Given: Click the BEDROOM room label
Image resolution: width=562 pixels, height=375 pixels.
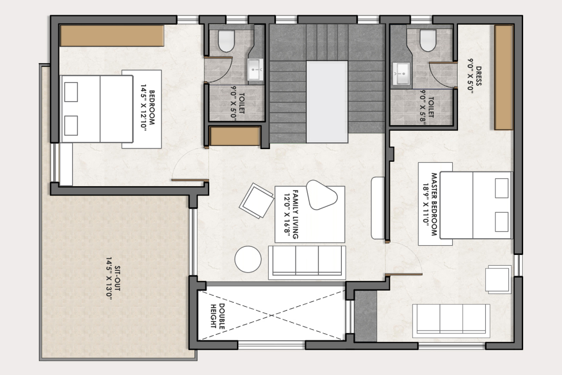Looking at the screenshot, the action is click(x=152, y=107).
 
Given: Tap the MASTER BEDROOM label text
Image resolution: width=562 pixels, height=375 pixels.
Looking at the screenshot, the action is click(x=434, y=204).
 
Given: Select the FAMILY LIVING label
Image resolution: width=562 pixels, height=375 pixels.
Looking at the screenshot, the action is click(x=296, y=214).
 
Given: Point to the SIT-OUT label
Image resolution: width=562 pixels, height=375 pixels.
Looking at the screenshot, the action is click(x=117, y=278).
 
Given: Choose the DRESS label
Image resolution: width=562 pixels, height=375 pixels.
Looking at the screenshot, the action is click(x=479, y=76).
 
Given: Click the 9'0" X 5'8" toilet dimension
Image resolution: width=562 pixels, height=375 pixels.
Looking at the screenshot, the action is click(x=423, y=106).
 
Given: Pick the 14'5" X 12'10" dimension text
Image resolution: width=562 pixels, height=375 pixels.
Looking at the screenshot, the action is click(x=143, y=107).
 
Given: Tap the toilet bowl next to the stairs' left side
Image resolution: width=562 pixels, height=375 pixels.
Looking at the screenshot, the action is click(x=226, y=41).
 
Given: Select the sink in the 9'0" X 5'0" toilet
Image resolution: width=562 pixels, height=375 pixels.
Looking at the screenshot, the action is click(x=255, y=69).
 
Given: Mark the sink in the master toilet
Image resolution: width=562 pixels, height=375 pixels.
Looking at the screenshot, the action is click(x=401, y=74).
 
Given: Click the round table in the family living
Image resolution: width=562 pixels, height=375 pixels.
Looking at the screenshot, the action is click(x=248, y=259).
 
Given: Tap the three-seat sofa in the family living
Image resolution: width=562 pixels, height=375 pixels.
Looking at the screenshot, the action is click(x=307, y=262).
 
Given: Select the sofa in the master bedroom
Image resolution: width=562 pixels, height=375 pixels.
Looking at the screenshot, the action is click(x=451, y=321).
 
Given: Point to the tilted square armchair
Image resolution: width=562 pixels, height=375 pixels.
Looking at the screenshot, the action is click(x=257, y=201).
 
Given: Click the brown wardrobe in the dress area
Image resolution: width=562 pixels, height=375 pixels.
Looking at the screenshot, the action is click(x=503, y=77).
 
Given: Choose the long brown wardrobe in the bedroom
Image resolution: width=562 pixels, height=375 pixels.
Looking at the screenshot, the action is click(x=112, y=36).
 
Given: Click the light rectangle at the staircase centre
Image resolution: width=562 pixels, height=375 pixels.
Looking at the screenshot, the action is click(x=327, y=102).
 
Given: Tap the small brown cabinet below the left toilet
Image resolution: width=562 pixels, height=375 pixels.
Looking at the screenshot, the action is click(x=235, y=136).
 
